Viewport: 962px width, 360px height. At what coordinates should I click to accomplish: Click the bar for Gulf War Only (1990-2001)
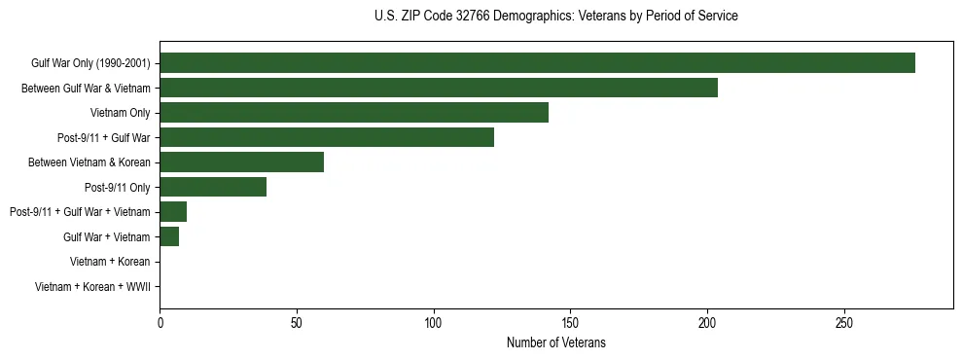pos(537,63)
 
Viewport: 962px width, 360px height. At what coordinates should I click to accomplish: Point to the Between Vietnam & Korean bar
pos(241,162)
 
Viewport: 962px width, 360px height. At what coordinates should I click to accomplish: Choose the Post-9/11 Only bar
pos(213,187)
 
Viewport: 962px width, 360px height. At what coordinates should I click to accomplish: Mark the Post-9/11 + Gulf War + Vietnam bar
pos(173,212)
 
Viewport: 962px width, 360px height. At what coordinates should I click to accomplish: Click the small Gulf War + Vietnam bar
pos(169,236)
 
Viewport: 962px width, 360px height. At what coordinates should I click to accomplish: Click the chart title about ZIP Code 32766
pos(555,17)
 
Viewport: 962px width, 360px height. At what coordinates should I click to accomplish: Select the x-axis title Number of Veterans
pos(555,342)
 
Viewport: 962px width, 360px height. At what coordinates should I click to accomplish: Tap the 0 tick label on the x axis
pos(160,323)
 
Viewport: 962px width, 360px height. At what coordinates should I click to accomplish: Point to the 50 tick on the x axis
pos(297,323)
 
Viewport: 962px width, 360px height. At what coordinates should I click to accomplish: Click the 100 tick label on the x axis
pos(433,323)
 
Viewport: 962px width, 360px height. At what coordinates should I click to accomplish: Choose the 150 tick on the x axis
pos(570,323)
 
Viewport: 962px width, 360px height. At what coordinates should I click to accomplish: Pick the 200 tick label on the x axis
pos(707,323)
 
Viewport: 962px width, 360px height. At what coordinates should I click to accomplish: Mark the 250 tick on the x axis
pos(844,323)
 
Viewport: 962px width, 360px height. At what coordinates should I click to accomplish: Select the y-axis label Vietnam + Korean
pos(110,262)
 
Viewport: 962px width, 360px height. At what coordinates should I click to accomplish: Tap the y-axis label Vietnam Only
pos(120,113)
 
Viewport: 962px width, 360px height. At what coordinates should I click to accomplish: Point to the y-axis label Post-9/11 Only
pos(118,187)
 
